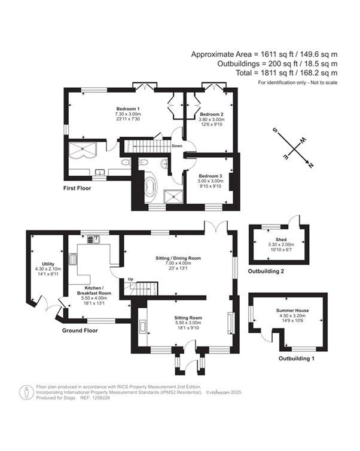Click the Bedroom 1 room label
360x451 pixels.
[128, 109]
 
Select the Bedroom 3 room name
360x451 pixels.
[210, 176]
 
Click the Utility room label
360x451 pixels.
[48, 264]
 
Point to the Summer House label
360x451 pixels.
[292, 311]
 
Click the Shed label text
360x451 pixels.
[281, 240]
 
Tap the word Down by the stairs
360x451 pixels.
[177, 146]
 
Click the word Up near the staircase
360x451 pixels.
[130, 279]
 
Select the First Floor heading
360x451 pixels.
[77, 188]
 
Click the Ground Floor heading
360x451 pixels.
[80, 330]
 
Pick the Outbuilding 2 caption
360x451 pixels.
[266, 271]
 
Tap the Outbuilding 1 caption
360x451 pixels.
[297, 358]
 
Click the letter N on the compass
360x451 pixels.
[310, 165]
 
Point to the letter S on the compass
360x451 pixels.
[275, 130]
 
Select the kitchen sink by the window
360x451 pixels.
[93, 239]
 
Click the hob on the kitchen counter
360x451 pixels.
[72, 258]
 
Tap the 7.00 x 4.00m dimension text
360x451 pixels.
[178, 263]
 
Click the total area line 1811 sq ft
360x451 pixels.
[286, 73]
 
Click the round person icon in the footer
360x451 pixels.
[26, 392]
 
